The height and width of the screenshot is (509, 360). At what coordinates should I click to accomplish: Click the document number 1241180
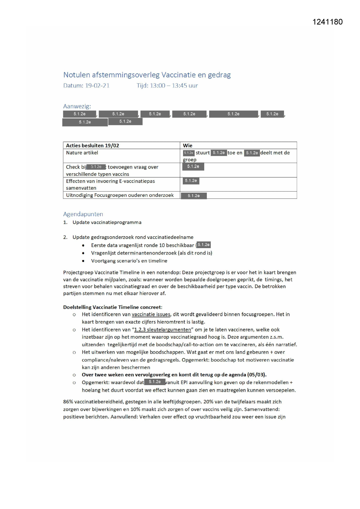(x=328, y=22)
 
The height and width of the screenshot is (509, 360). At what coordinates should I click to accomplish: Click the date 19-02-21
(x=97, y=86)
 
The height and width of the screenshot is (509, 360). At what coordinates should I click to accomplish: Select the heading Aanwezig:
(x=77, y=106)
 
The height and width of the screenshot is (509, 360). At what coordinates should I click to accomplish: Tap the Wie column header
(x=188, y=145)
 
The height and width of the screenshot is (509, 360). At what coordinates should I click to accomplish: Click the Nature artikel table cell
(x=82, y=153)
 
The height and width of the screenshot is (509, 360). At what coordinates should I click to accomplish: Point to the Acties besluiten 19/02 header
(x=93, y=145)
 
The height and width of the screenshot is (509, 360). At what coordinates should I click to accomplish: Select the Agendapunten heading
(x=83, y=214)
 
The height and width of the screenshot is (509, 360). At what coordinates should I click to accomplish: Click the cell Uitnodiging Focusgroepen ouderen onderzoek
(x=120, y=195)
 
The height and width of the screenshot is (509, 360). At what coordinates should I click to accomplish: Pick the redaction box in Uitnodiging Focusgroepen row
(x=194, y=196)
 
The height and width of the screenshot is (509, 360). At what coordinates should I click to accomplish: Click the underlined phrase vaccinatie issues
(x=151, y=314)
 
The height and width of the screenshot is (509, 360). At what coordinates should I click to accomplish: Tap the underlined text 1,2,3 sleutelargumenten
(x=162, y=330)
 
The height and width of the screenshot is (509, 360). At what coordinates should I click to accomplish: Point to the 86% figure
(x=68, y=402)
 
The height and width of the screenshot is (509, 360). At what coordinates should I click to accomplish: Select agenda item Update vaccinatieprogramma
(x=107, y=222)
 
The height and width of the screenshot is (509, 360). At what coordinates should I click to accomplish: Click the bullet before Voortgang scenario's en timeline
(x=83, y=261)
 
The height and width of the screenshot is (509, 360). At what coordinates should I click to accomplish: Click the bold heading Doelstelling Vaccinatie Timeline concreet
(x=112, y=307)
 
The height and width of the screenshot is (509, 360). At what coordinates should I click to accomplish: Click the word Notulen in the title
(x=77, y=75)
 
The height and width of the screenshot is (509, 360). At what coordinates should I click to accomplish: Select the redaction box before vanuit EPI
(x=155, y=382)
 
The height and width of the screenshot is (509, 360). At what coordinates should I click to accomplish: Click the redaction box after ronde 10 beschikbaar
(x=204, y=245)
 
